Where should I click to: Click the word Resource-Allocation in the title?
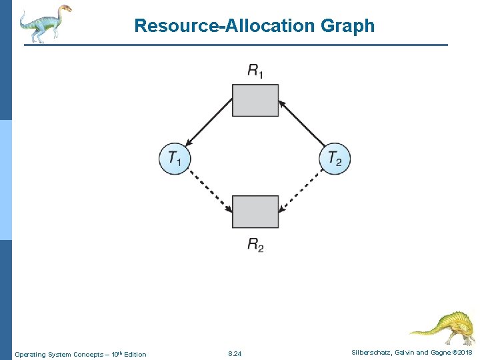[x=220, y=26]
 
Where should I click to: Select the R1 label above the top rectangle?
[x=255, y=71]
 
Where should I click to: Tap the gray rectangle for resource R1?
[x=255, y=101]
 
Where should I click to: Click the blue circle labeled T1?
[x=175, y=159]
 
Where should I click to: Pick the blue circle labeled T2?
[x=335, y=159]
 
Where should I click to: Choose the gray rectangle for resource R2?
[x=255, y=211]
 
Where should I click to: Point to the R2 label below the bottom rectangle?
[x=255, y=245]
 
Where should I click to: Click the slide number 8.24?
[x=235, y=353]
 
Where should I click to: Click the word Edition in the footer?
[x=134, y=354]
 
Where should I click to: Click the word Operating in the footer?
[x=30, y=354]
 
